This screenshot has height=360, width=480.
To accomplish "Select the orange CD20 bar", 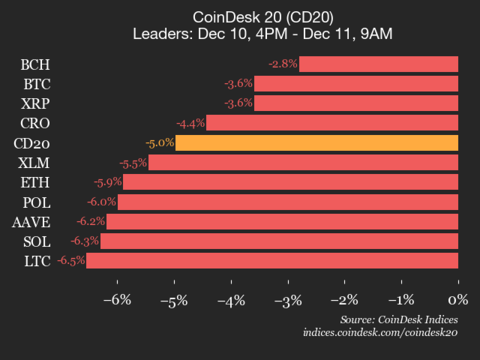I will [x=316, y=143].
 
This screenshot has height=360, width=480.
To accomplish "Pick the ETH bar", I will [x=290, y=182].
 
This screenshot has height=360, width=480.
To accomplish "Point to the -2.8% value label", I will [x=282, y=64].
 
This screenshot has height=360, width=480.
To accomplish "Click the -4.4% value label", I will [x=190, y=123].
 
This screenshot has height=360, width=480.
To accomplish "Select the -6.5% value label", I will [x=70, y=261].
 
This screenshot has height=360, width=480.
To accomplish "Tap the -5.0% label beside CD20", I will [x=159, y=143].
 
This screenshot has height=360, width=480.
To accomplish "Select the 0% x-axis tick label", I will [x=458, y=300].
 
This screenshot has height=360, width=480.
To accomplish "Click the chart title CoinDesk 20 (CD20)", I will [x=239, y=15].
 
